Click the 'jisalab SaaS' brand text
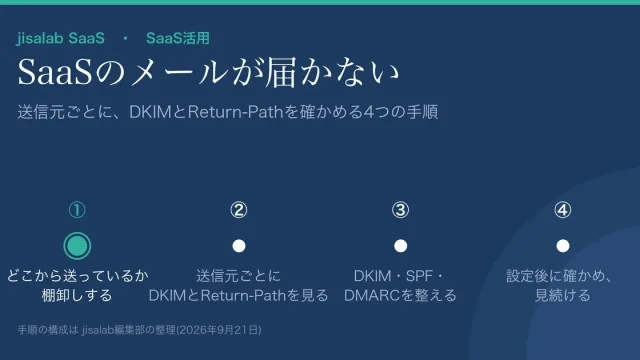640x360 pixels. coord(60,38)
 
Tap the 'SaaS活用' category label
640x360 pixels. coord(178,38)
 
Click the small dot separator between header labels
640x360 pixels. coord(125,38)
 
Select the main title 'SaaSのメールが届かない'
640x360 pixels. coord(208,72)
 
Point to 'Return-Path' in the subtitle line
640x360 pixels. coord(235,111)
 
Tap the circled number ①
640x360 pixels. coord(77,210)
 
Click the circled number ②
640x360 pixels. coord(239,210)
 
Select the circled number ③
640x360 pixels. coord(400,210)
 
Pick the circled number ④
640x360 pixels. coord(562,210)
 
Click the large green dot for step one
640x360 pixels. coord(77,246)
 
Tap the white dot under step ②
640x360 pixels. coord(239,246)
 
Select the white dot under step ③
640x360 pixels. coord(400,246)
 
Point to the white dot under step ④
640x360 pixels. coord(562,246)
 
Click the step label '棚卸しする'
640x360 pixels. coord(77,295)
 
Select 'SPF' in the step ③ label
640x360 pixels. coord(419,276)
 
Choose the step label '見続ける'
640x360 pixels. coord(562,295)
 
